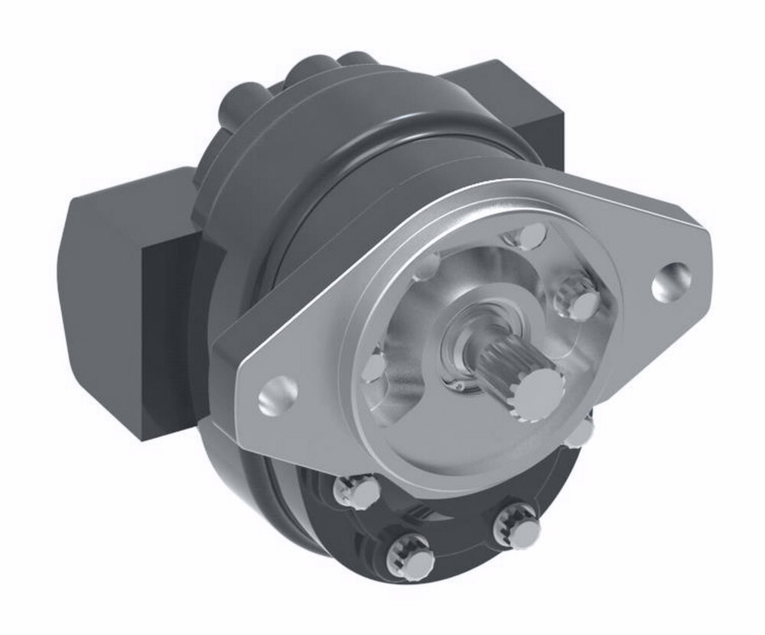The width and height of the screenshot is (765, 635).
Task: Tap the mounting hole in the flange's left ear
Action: tap(277, 396)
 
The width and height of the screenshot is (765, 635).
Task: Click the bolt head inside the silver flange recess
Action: tap(579, 299)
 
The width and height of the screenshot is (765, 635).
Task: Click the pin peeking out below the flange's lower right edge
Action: tap(581, 433)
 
